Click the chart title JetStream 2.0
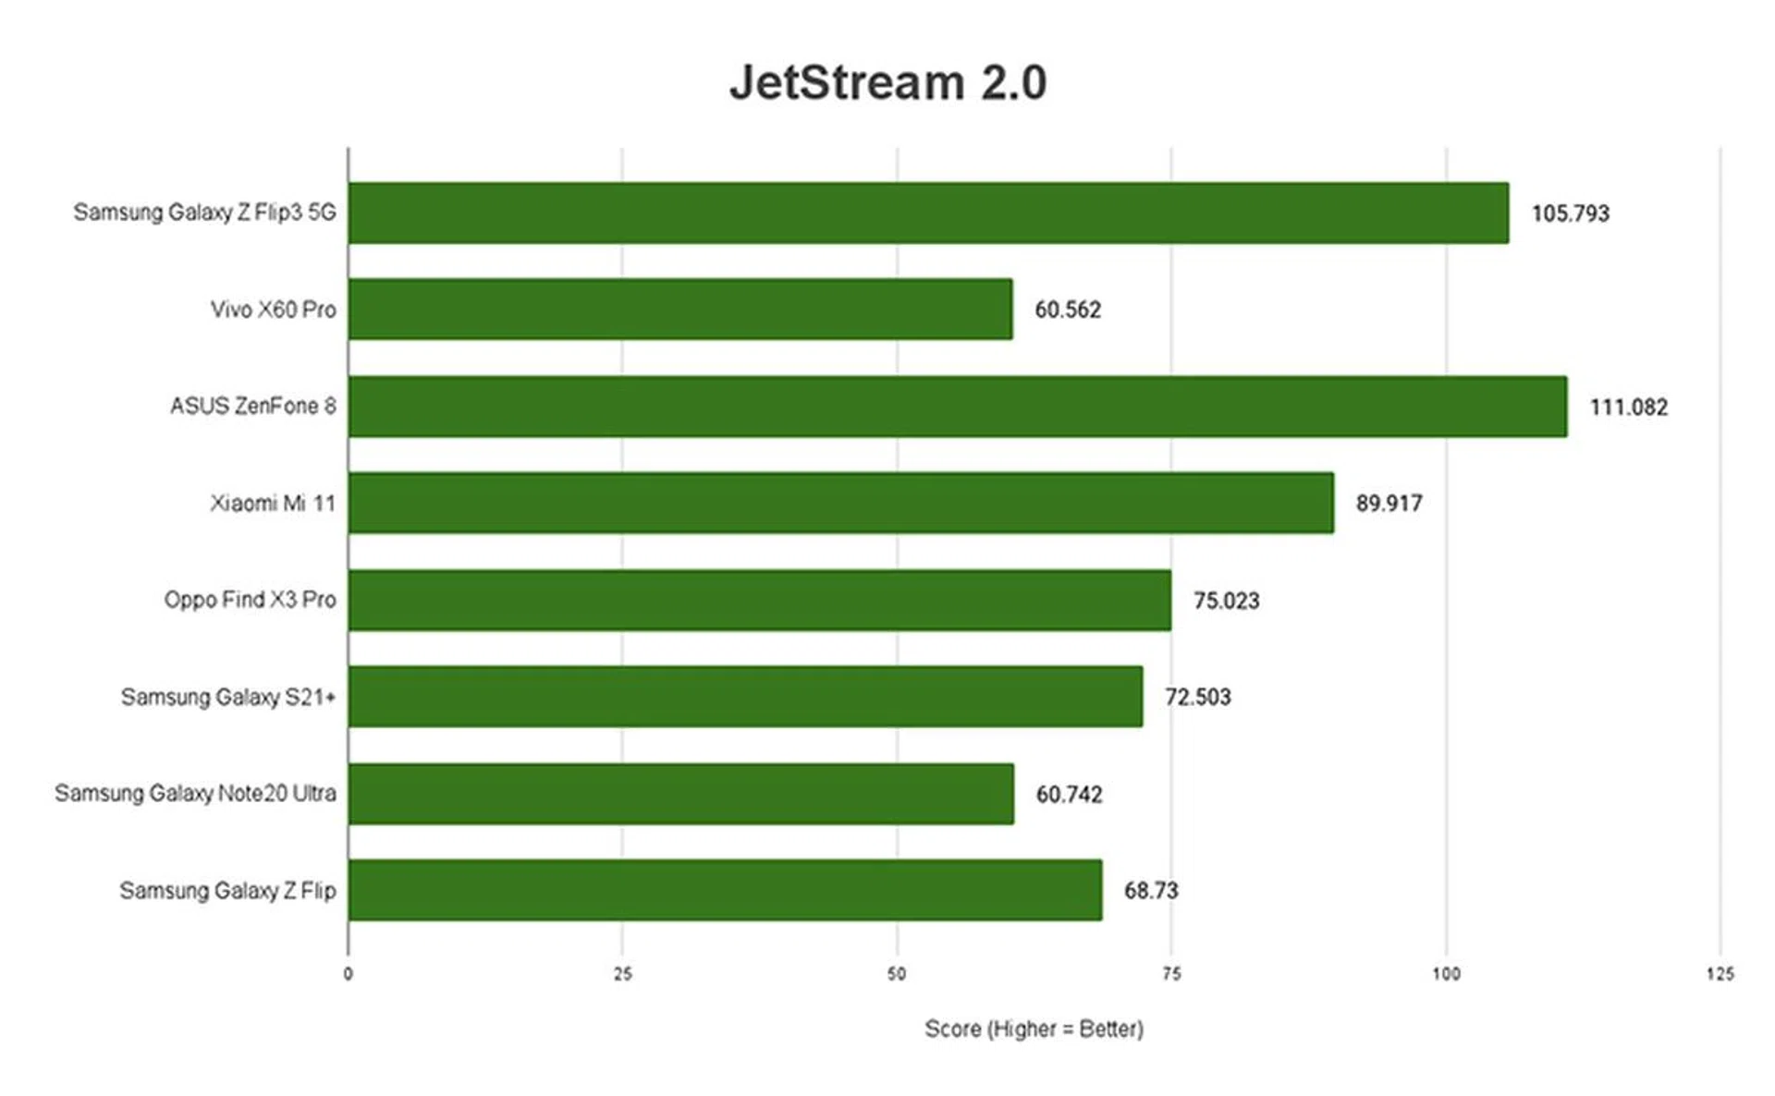887,82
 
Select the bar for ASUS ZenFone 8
957,407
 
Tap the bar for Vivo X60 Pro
679,310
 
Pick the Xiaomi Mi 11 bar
840,503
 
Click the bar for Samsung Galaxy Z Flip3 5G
928,213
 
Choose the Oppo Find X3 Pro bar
759,600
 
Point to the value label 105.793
1570,213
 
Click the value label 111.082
1628,408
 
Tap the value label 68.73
1150,891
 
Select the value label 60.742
1069,795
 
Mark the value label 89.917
1389,504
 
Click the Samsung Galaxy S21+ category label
227,697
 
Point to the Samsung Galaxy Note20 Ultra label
195,794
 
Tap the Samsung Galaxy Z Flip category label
227,891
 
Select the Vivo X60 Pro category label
273,310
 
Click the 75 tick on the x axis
1171,974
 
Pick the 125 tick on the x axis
1720,974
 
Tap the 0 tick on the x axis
349,974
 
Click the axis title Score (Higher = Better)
1034,1029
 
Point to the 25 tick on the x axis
622,974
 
